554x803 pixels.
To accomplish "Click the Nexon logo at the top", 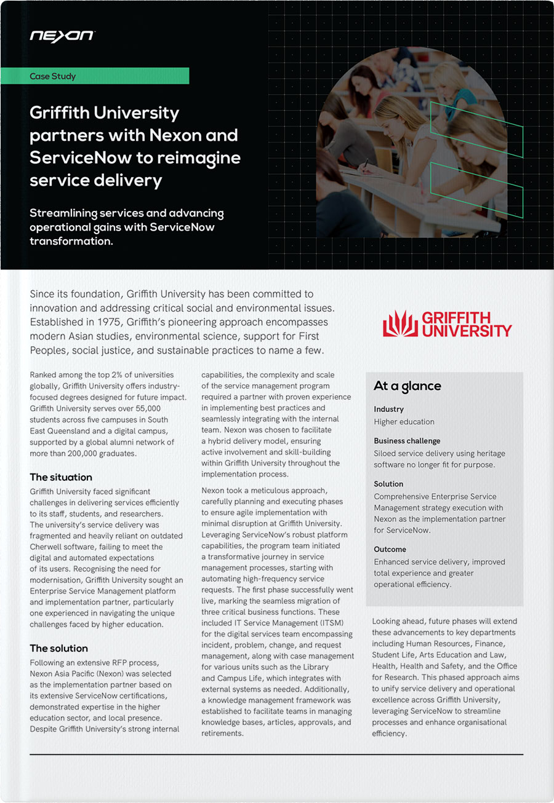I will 62,36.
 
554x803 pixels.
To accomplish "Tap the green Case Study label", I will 53,76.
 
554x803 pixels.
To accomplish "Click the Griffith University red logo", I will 447,323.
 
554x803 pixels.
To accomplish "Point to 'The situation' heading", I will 61,477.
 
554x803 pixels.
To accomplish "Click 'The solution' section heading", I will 58,648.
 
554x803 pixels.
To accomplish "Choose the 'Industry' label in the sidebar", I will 388,409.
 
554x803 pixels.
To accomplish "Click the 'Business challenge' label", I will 407,441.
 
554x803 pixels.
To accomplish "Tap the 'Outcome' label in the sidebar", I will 390,549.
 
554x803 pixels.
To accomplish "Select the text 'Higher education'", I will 404,422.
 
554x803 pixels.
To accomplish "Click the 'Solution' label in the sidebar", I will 388,484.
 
